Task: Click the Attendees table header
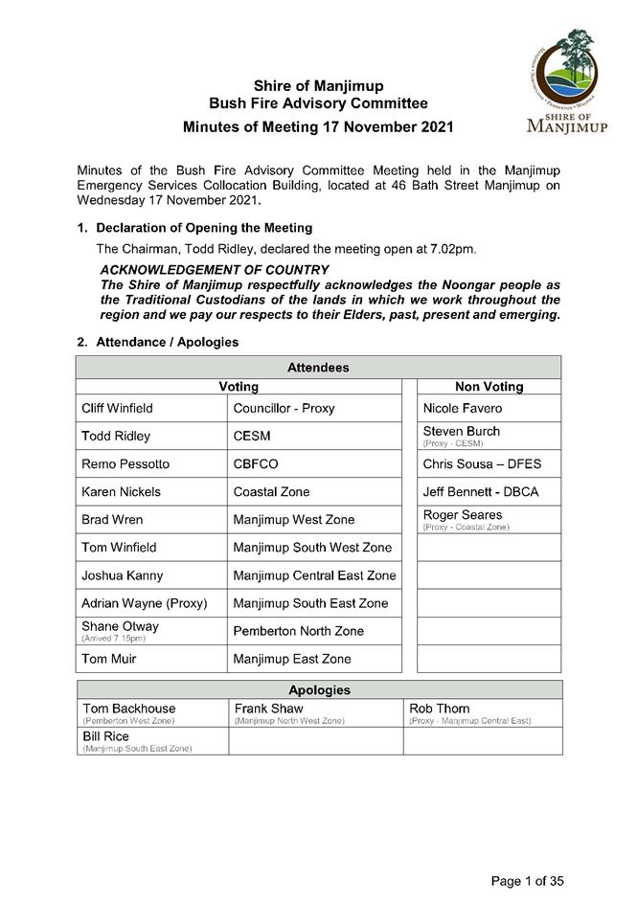click(318, 368)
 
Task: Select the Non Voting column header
click(489, 387)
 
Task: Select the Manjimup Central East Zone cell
click(314, 575)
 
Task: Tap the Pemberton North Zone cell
click(299, 631)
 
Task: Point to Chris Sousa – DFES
click(482, 464)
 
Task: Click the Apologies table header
click(319, 690)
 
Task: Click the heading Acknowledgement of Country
click(215, 271)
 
